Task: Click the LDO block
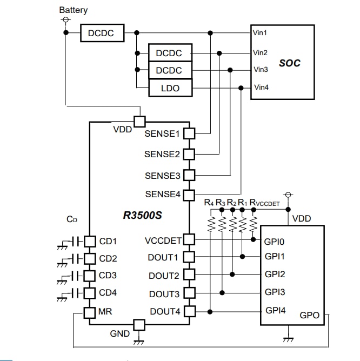tap(170, 88)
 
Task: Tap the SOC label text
tap(289, 63)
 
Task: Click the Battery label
tap(73, 10)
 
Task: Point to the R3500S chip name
tap(143, 215)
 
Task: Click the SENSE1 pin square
tap(189, 133)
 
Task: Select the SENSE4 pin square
tap(189, 194)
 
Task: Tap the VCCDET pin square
tap(189, 239)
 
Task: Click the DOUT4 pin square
tap(189, 311)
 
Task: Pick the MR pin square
tap(90, 312)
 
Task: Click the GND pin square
tap(139, 325)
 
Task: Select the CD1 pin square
tap(90, 240)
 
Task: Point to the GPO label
tap(309, 315)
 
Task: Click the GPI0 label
tap(274, 241)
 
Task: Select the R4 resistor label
tap(209, 203)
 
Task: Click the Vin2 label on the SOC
tap(261, 53)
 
